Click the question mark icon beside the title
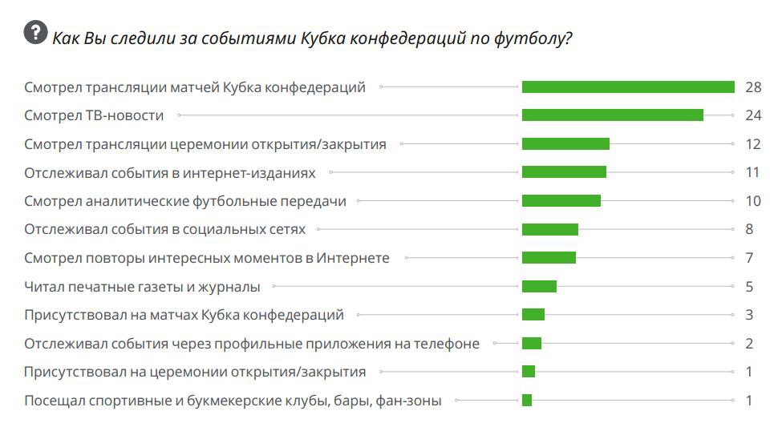pyautogui.click(x=35, y=33)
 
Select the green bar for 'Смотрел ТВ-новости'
pyautogui.click(x=612, y=115)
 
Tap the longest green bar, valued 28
pyautogui.click(x=628, y=87)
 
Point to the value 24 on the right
pyautogui.click(x=752, y=115)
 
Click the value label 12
pyautogui.click(x=752, y=144)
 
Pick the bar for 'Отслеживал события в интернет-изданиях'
pyautogui.click(x=564, y=172)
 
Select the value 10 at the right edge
pyautogui.click(x=752, y=201)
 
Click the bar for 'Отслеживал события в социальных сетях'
pyautogui.click(x=549, y=230)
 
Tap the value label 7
pyautogui.click(x=749, y=258)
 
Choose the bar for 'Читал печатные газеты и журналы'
pyautogui.click(x=539, y=286)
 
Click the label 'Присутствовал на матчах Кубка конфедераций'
pyautogui.click(x=184, y=315)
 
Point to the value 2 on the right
pyautogui.click(x=749, y=344)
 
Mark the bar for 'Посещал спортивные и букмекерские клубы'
pyautogui.click(x=527, y=401)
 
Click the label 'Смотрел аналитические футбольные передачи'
pyautogui.click(x=185, y=201)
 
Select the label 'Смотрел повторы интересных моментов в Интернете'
pyautogui.click(x=207, y=258)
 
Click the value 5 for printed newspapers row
pyautogui.click(x=749, y=286)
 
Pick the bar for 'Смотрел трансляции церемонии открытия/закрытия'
pyautogui.click(x=565, y=144)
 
